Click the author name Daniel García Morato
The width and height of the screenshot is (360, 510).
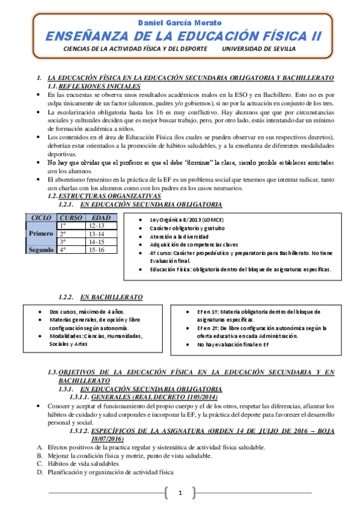click(180, 22)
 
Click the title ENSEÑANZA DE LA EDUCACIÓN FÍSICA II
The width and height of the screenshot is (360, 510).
click(180, 36)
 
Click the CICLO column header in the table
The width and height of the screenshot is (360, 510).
click(41, 217)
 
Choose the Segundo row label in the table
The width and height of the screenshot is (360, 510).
click(41, 250)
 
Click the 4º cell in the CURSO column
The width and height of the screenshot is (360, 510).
click(63, 250)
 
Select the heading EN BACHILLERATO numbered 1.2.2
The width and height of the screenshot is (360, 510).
click(111, 297)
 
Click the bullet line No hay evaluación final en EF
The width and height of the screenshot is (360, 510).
click(233, 345)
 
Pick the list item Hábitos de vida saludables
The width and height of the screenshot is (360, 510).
click(84, 464)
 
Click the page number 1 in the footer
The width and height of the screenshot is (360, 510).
click(179, 494)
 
